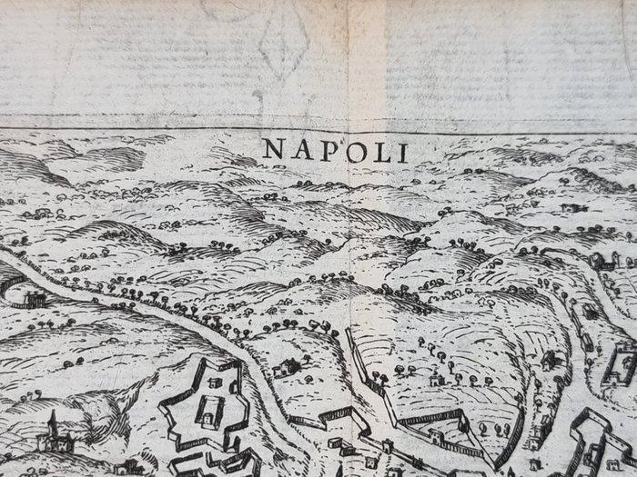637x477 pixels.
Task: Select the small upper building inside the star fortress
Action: (216, 383)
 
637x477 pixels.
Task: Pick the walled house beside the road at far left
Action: (34, 297)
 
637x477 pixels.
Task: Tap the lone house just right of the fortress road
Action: (288, 367)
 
